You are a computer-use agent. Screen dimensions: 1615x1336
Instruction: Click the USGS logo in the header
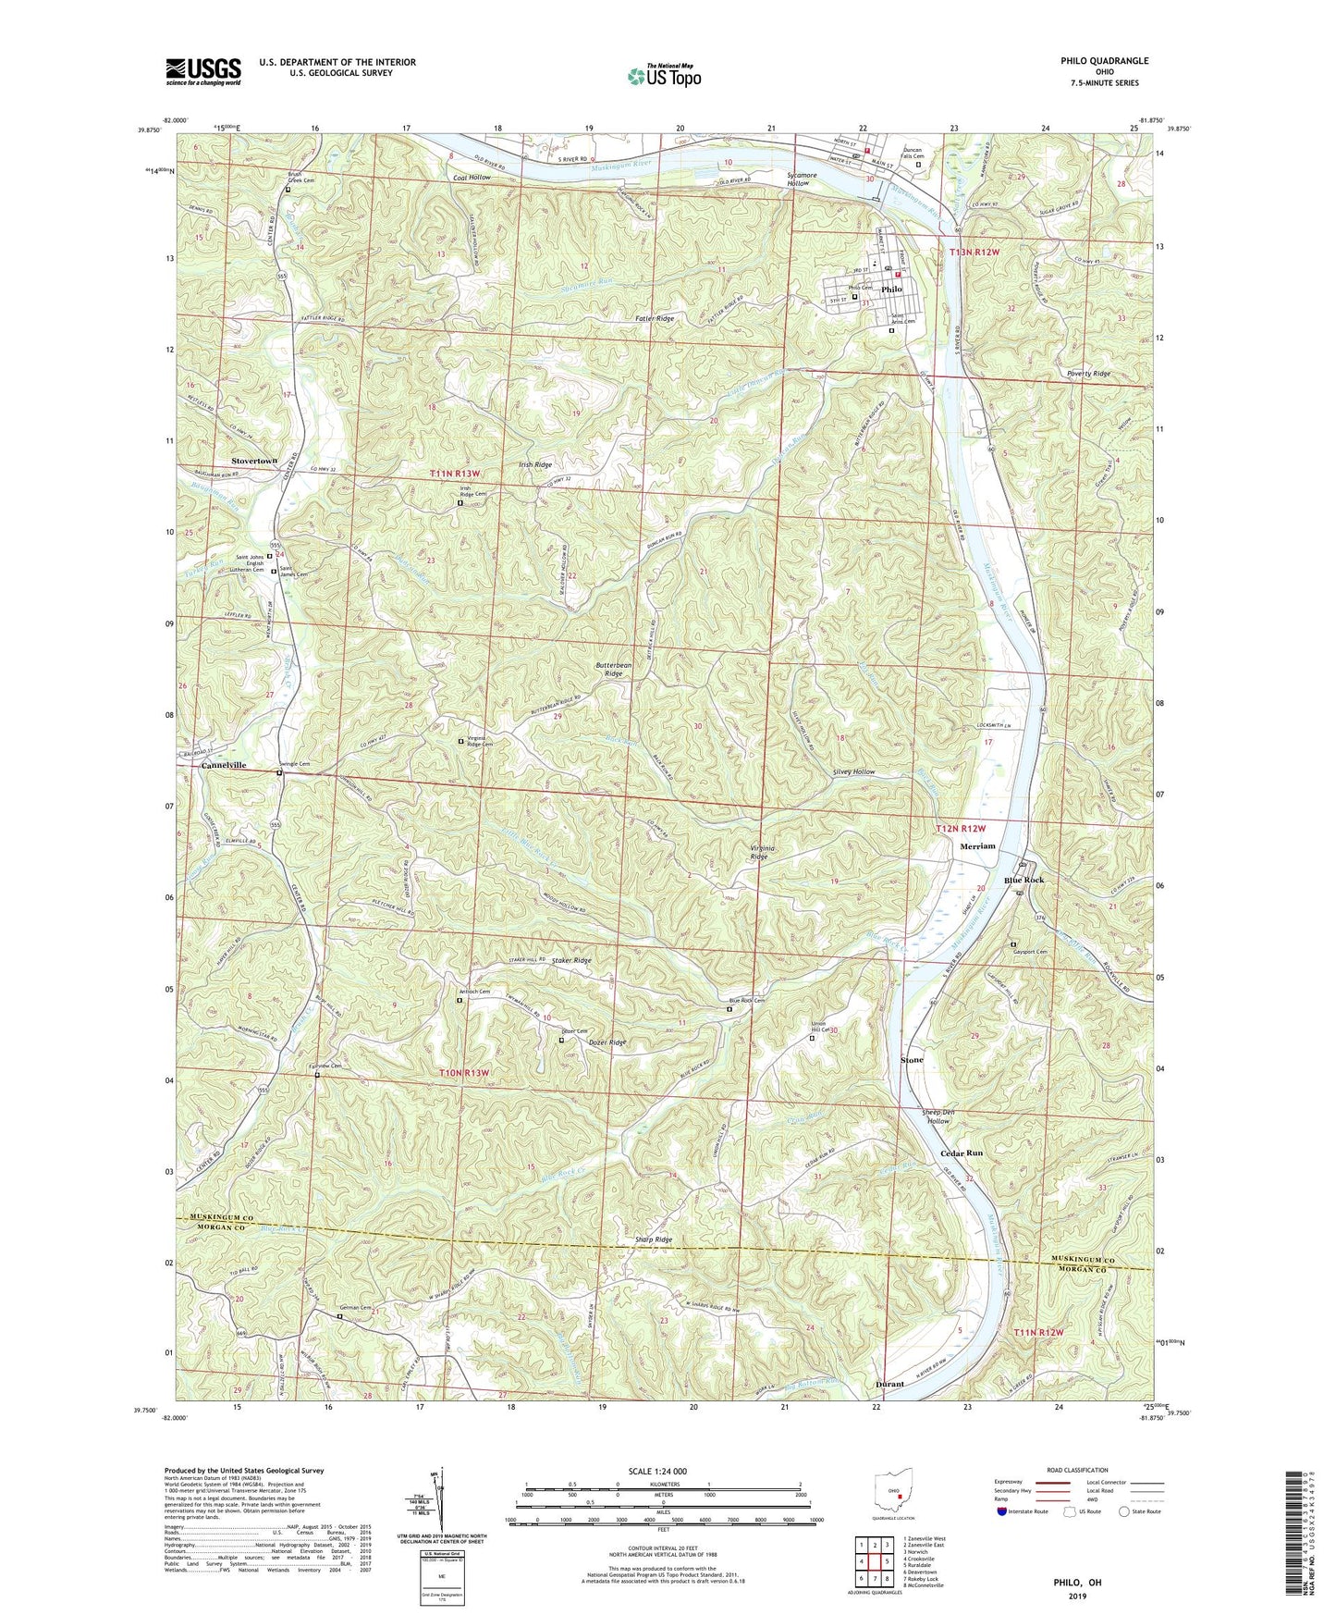tap(203, 70)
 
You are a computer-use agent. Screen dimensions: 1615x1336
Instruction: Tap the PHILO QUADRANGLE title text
tap(1104, 61)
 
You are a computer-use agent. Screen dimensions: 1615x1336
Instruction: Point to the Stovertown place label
tap(253, 461)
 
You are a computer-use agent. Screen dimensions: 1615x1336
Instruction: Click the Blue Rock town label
tap(1023, 880)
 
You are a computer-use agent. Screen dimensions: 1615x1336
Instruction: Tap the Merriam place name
tap(977, 846)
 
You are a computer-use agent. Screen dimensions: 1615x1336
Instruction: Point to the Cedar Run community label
tap(962, 1153)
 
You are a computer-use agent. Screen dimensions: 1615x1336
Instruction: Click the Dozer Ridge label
tap(607, 1042)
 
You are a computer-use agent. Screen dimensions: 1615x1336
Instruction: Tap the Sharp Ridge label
tap(654, 1239)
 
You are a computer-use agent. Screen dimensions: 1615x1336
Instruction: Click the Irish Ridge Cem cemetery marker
tap(460, 504)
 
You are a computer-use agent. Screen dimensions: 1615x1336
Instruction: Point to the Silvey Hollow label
tap(853, 771)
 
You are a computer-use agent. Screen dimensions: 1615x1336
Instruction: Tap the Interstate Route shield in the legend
tap(1003, 1512)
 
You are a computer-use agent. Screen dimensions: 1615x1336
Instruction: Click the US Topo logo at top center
tap(663, 76)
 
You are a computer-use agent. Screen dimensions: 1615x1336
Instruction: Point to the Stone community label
tap(912, 1059)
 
